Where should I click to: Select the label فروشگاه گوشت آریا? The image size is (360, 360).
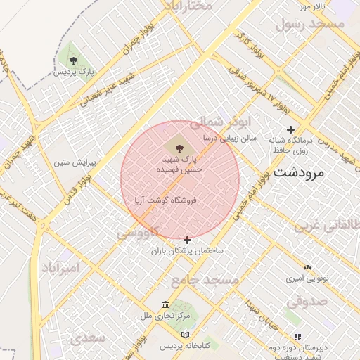coord(167,200)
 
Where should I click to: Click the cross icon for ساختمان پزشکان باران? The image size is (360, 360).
coord(187,240)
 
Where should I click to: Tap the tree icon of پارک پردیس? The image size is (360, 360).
coord(74,59)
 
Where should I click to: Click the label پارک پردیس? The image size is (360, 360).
coord(74,72)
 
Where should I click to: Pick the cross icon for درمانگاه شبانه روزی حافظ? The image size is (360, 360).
coord(290,129)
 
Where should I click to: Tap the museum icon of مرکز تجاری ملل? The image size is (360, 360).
coord(165,304)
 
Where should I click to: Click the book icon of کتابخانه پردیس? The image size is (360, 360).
coord(186,335)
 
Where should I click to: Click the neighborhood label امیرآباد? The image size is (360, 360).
coord(60,269)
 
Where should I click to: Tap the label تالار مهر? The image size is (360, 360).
coord(314,6)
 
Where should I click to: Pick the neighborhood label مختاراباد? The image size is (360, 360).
coord(188,6)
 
